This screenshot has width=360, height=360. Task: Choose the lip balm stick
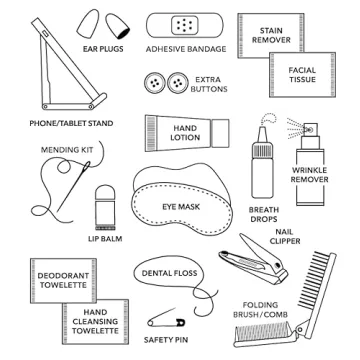(106, 205)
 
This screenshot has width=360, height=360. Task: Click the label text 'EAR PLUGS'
(103, 48)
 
